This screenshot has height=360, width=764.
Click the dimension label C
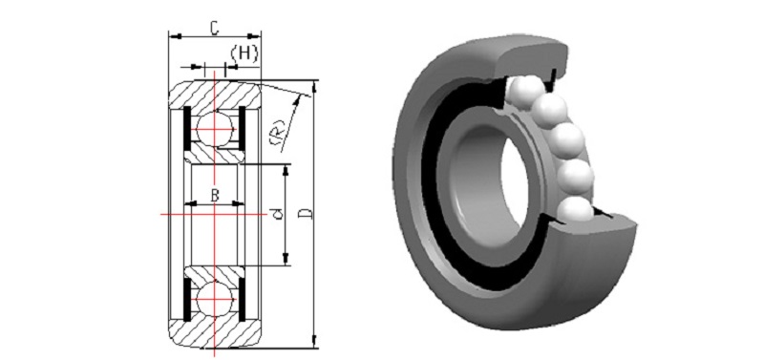coord(214,28)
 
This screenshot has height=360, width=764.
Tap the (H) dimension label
coord(244,53)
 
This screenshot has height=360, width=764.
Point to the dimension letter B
coord(215,196)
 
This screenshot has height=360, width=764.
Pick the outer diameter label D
coord(306,213)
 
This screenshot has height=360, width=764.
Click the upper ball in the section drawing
coord(214,129)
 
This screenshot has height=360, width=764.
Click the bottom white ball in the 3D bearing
coord(575,211)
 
